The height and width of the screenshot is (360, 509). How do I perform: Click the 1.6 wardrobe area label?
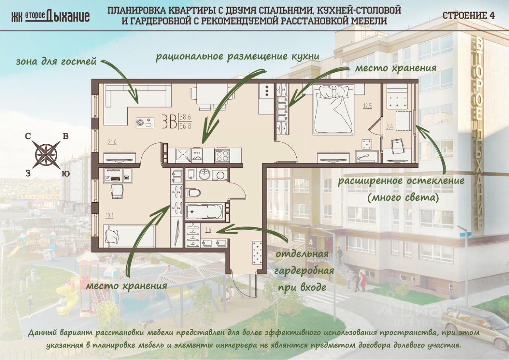(x=208, y=229)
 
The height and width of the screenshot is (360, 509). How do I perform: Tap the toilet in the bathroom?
(x=193, y=193)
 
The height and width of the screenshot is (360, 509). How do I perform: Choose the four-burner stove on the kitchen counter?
(x=222, y=155)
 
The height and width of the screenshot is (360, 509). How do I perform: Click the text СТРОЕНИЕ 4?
(x=468, y=15)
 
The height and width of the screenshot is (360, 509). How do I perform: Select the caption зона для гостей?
(x=56, y=62)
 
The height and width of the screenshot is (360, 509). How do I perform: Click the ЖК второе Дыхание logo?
(x=50, y=16)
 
